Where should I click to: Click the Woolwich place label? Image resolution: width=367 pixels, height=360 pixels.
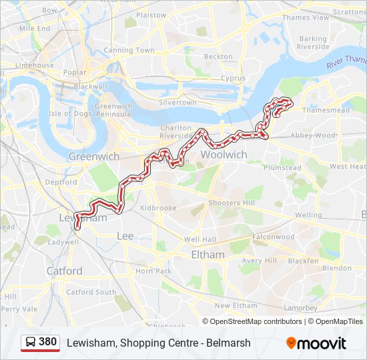224,154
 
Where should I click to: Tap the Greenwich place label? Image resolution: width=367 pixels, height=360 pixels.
94,156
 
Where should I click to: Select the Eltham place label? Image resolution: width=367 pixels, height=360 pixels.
208,255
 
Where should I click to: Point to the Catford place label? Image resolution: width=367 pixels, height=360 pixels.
64,271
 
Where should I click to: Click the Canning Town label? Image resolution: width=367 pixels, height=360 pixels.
129,50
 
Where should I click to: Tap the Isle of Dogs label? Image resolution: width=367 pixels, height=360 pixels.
69,113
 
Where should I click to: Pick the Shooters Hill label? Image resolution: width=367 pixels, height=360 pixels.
232,203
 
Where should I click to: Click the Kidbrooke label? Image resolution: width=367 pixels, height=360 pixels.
157,208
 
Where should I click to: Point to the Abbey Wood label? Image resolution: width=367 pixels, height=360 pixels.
313,135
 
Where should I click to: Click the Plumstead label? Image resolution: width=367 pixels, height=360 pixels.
283,168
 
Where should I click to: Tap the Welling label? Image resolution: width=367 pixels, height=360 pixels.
308,215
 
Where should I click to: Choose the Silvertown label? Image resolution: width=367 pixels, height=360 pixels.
177,103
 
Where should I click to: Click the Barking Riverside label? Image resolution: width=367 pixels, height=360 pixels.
313,43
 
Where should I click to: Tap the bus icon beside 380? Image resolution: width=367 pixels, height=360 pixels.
31,342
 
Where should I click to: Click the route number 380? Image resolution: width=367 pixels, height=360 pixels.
47,342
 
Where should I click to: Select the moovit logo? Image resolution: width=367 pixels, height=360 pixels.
316,343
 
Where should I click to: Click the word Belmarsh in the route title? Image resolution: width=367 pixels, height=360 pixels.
230,343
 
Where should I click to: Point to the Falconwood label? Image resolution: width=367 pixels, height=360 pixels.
273,237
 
